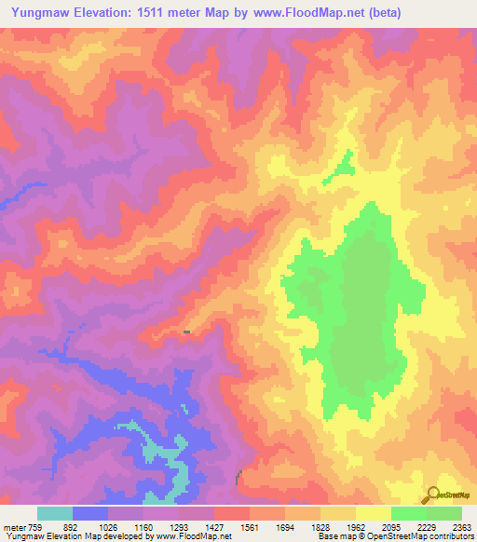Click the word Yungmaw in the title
pos(38,13)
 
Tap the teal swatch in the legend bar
pos(55,513)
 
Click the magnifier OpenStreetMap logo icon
pos(432,494)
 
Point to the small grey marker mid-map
pos(187,331)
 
